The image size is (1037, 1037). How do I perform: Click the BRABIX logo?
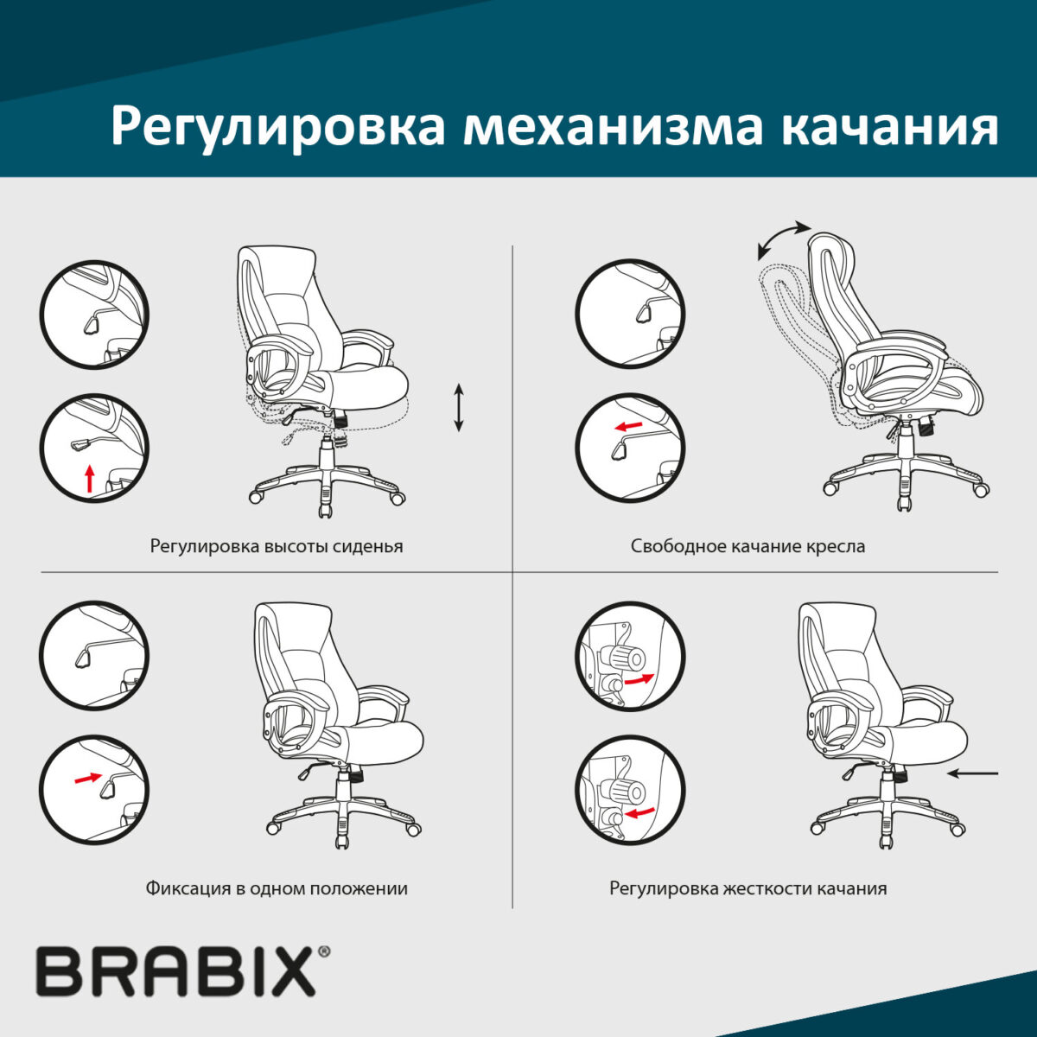tap(175, 971)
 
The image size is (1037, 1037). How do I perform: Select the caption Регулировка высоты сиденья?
tap(277, 546)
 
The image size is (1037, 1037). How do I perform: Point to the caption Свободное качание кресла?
tap(748, 546)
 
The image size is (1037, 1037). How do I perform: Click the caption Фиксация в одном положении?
tap(277, 888)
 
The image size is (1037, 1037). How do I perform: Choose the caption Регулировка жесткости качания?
tap(748, 888)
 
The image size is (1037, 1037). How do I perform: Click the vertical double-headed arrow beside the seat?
tap(459, 409)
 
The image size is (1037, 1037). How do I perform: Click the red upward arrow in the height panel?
tap(89, 479)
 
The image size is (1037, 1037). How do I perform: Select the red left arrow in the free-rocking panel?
tap(628, 427)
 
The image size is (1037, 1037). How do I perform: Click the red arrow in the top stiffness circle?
tap(639, 680)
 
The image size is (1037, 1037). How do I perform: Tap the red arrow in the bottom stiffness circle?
tap(639, 813)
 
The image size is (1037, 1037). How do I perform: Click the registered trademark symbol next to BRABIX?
tap(324, 952)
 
